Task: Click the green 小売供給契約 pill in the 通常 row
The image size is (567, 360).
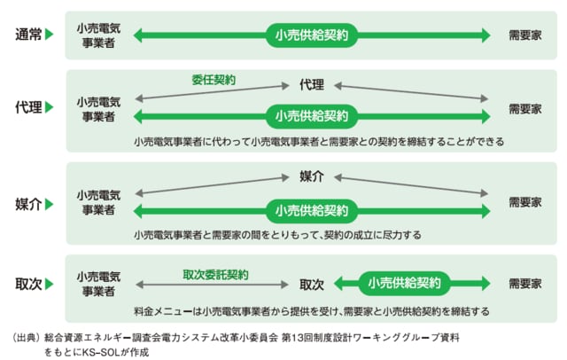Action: click(311, 35)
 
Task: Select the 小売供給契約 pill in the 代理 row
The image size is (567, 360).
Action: click(311, 116)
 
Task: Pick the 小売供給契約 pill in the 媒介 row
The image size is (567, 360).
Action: click(311, 211)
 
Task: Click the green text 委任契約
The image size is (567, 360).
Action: click(214, 80)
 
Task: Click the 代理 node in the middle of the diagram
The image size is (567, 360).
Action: click(311, 85)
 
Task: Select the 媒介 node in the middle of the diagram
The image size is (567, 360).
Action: click(311, 176)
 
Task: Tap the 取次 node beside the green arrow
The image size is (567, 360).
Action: click(311, 285)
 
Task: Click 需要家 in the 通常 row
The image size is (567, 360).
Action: click(525, 35)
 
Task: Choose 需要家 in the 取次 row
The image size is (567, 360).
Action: click(525, 285)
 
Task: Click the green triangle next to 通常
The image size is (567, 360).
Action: click(50, 35)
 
